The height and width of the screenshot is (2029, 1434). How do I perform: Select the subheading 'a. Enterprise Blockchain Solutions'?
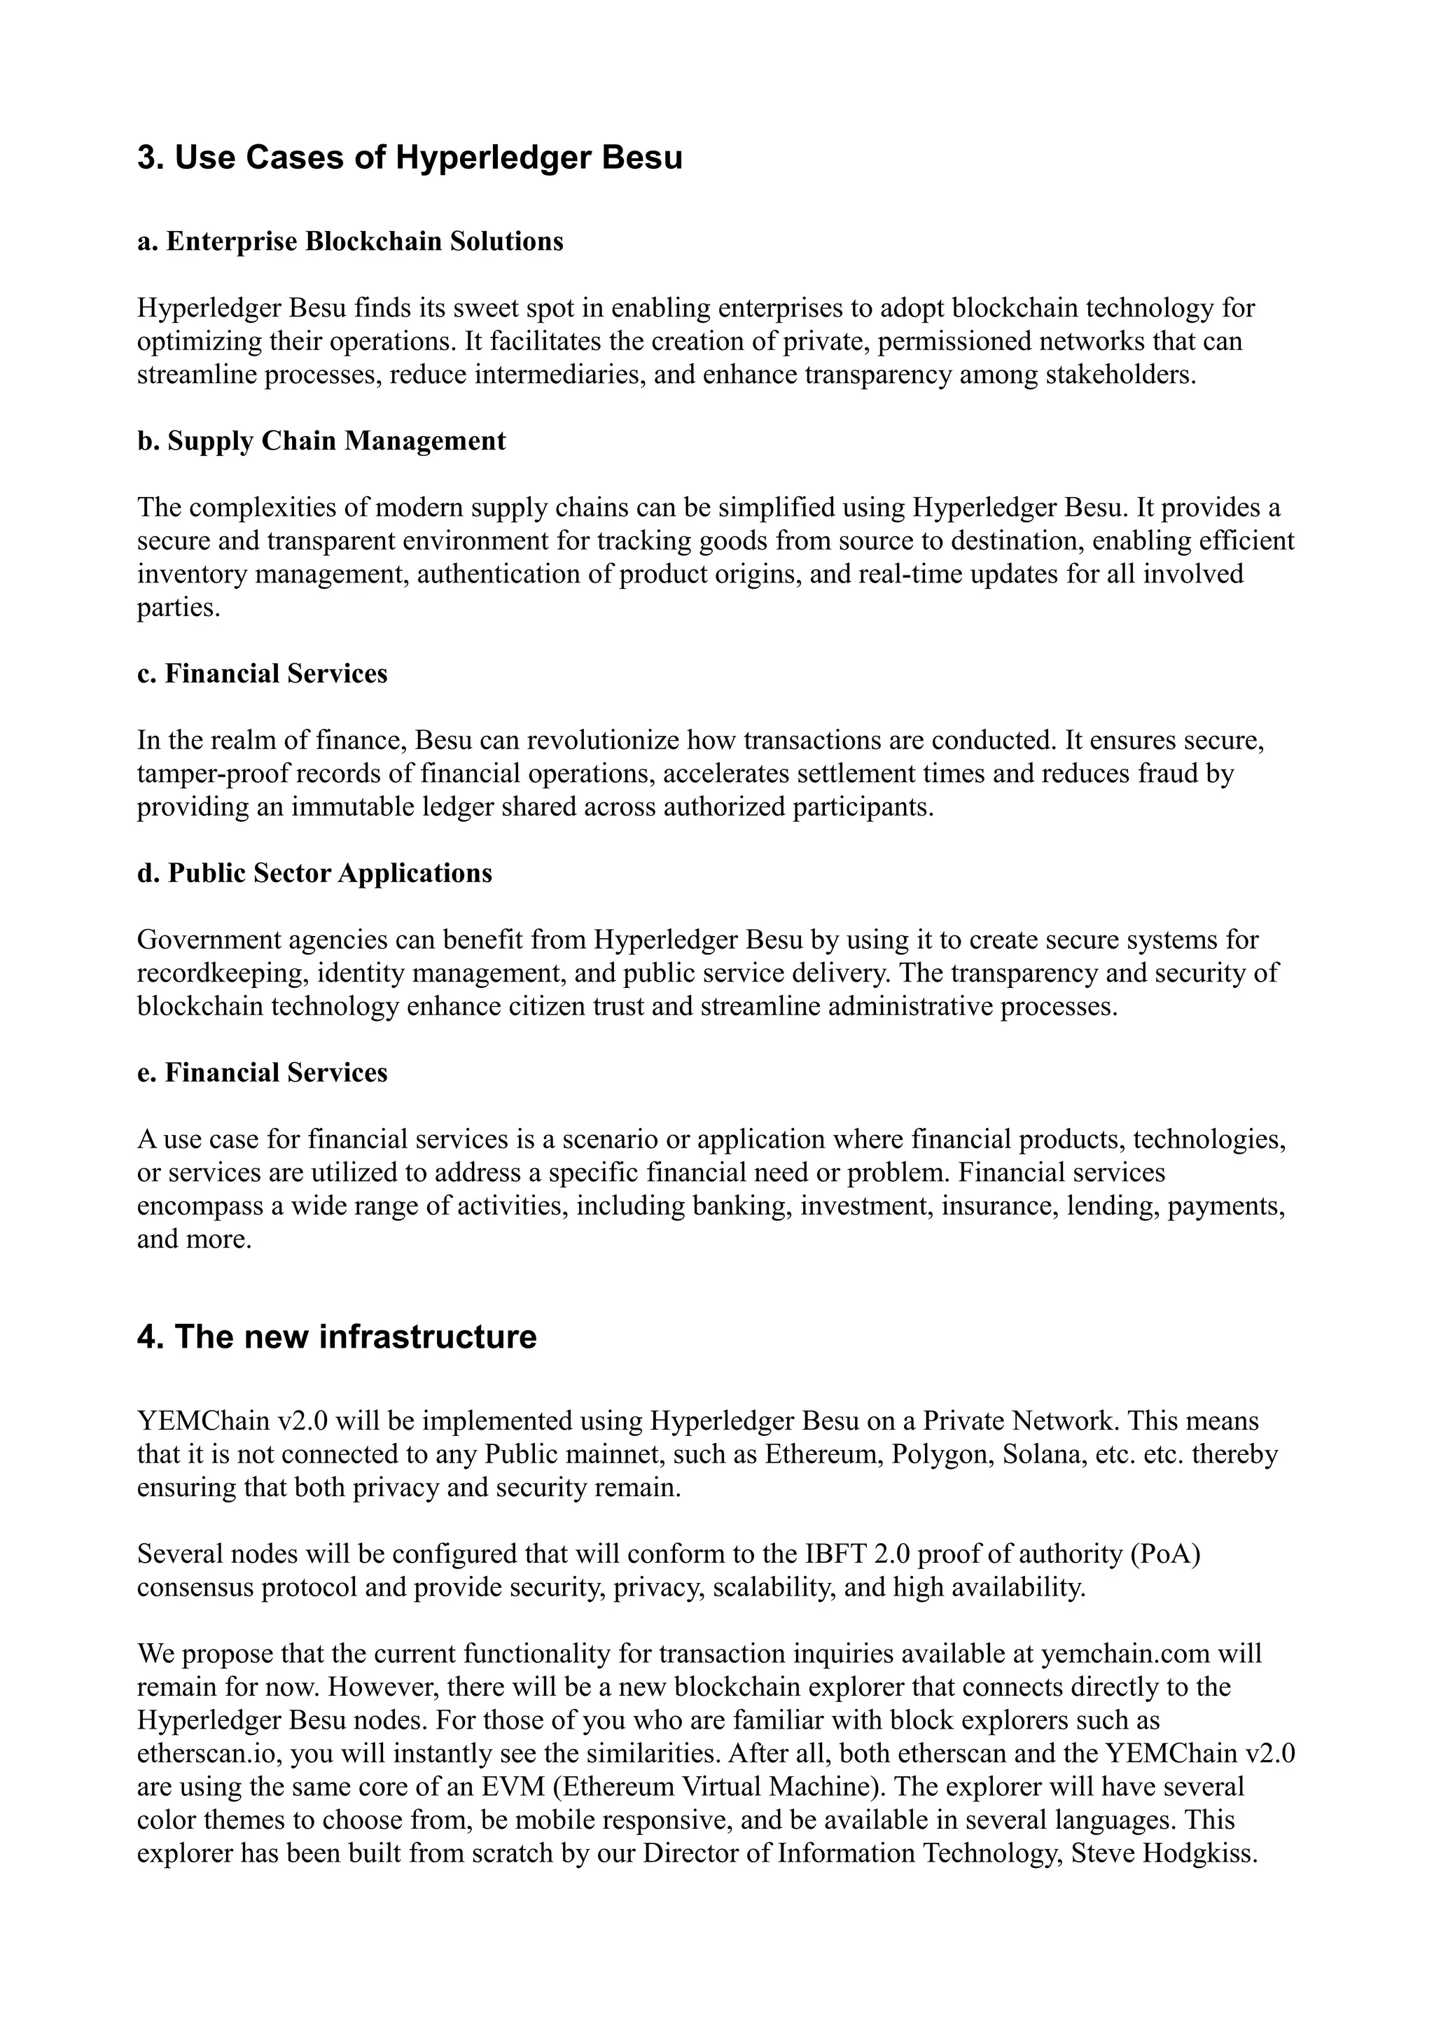350,242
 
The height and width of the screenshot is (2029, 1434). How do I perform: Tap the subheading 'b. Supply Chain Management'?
321,441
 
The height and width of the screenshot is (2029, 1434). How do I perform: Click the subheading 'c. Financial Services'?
262,674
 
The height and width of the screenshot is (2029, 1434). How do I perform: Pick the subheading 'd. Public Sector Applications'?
314,873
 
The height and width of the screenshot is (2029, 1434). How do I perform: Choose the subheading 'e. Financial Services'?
262,1073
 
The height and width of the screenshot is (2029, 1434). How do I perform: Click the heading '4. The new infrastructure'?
337,1337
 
